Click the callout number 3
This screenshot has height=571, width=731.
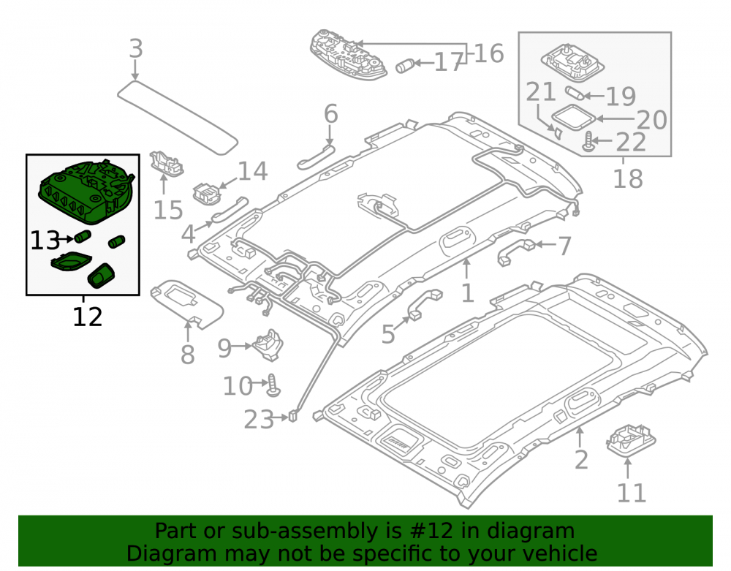coord(136,48)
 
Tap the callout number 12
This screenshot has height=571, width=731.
coord(87,317)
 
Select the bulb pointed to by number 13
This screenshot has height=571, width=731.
coord(82,236)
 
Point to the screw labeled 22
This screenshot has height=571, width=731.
coord(588,142)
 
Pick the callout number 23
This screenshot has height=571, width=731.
coord(259,420)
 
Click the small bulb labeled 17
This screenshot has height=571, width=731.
coord(405,66)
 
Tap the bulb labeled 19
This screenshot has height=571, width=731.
coord(575,93)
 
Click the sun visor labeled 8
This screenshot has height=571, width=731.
coord(187,304)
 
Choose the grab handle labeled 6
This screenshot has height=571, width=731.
coord(316,156)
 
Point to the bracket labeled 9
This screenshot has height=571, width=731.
coord(268,345)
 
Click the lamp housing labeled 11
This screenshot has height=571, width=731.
coord(631,440)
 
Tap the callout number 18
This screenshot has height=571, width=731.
coord(627,178)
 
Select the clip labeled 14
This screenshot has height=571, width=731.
coord(206,193)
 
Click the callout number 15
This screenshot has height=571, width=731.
coord(168,211)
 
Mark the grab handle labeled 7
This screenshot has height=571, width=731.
coord(516,252)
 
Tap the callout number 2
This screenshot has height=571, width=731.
coord(581,460)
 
